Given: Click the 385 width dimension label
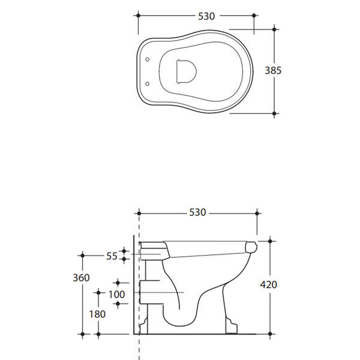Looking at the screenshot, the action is pyautogui.click(x=273, y=70).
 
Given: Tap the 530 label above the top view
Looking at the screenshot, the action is pyautogui.click(x=206, y=16).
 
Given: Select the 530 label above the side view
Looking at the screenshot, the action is pyautogui.click(x=197, y=212).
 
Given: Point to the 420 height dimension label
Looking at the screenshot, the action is pyautogui.click(x=268, y=284).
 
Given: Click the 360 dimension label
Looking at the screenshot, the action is pyautogui.click(x=81, y=278).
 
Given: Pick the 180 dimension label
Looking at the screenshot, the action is pyautogui.click(x=97, y=314).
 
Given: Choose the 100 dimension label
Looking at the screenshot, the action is pyautogui.click(x=116, y=295).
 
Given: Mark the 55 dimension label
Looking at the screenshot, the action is pyautogui.click(x=112, y=256).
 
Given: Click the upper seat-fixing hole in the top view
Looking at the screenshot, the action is pyautogui.click(x=148, y=59).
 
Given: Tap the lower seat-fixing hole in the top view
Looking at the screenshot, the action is pyautogui.click(x=148, y=83).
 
